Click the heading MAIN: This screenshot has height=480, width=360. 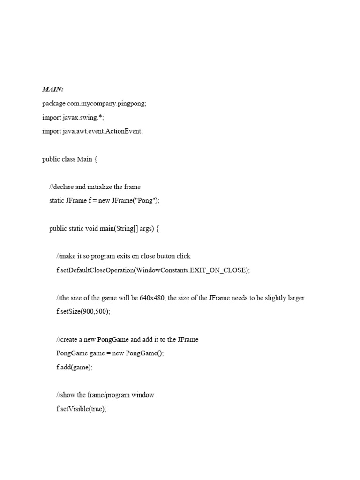click(52, 90)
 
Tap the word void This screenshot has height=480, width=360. click(91, 229)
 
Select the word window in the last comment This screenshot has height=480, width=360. click(143, 395)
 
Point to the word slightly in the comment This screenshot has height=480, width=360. click(272, 298)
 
